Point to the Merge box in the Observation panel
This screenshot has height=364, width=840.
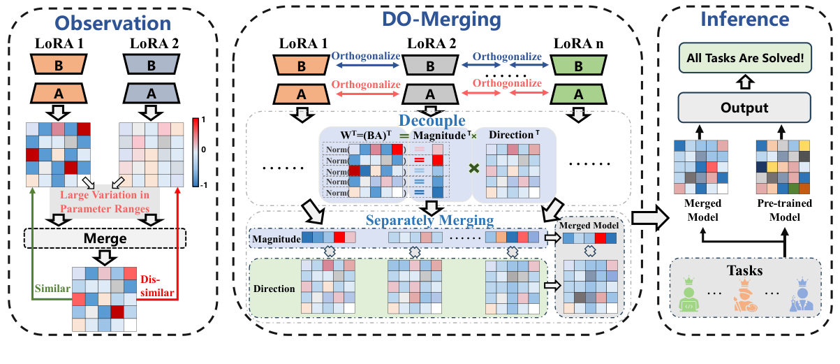pyautogui.click(x=105, y=238)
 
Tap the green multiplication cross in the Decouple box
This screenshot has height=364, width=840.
pyautogui.click(x=473, y=168)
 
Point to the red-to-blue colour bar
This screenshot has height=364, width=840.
pyautogui.click(x=196, y=150)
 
